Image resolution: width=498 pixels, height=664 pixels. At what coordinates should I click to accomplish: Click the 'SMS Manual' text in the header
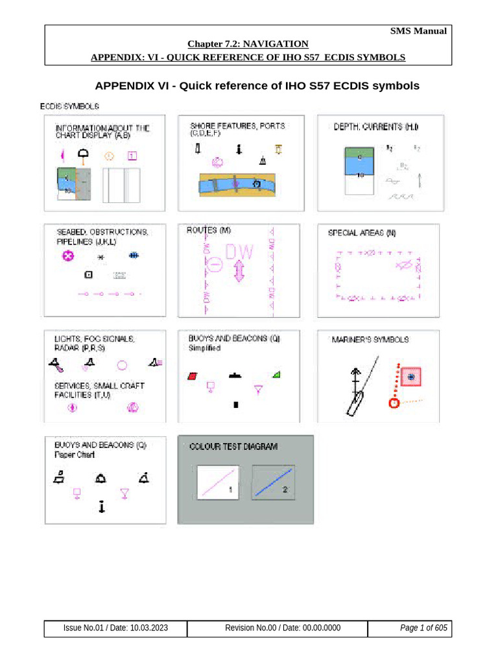(418, 31)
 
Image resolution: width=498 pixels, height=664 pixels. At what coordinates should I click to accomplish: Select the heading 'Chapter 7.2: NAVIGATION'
(248, 44)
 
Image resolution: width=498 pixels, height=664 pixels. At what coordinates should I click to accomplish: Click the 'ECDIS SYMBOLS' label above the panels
(69, 105)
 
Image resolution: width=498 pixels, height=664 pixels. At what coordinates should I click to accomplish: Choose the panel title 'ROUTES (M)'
(209, 230)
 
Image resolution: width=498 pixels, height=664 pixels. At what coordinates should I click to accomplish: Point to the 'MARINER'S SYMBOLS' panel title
(370, 340)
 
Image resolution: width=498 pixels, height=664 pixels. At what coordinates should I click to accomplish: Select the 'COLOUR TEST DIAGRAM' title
(233, 447)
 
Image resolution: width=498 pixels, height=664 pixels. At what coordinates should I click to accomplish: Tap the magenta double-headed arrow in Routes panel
(239, 270)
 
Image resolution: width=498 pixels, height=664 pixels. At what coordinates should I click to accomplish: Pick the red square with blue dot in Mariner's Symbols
(410, 377)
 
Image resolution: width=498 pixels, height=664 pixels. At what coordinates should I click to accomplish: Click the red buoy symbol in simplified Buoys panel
(192, 375)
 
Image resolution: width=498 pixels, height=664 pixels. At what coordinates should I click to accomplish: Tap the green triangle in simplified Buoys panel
(277, 374)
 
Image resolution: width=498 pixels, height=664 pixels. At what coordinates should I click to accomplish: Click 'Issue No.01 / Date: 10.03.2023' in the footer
(115, 628)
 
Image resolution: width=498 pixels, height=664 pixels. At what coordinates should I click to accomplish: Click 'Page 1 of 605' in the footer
(423, 628)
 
